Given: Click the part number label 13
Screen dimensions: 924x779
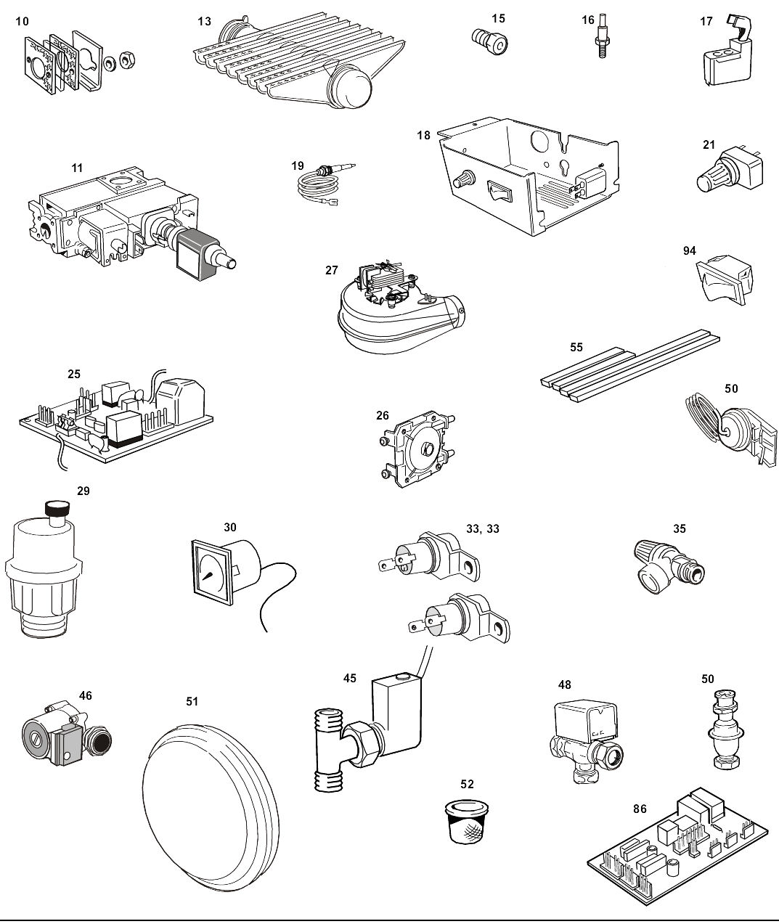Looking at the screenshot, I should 205,21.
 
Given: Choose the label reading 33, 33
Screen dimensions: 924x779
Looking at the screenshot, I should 482,529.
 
